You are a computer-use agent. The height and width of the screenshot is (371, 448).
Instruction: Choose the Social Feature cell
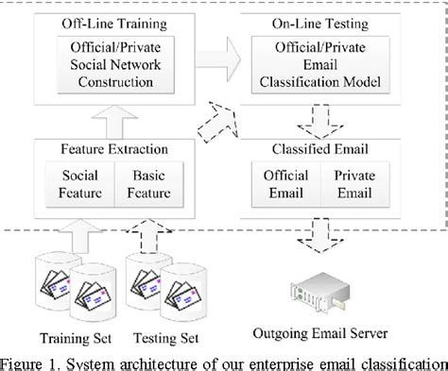[80, 185]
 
